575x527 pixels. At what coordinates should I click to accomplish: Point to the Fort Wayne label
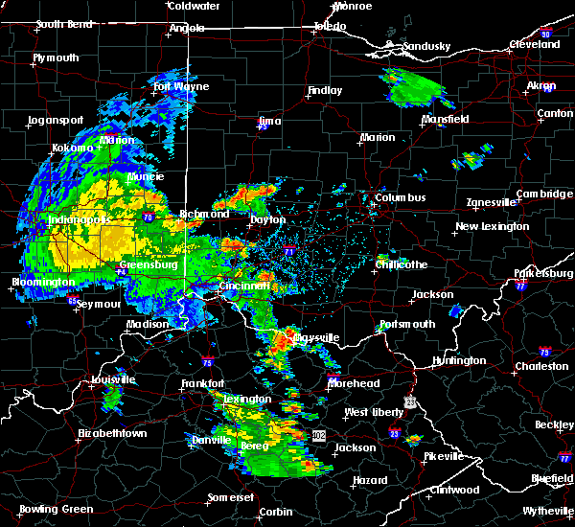coord(181,87)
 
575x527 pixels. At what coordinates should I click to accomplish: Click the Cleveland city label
coord(535,45)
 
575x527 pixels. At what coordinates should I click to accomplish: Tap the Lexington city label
coord(248,399)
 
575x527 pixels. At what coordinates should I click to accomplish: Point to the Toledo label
coord(327,27)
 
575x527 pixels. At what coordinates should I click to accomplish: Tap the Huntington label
coord(458,361)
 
